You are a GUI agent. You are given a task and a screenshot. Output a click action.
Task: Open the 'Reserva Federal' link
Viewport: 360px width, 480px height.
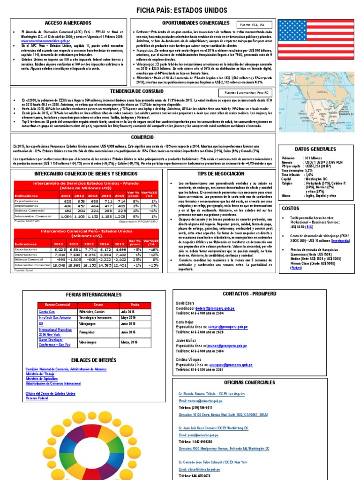tap(37, 398)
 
